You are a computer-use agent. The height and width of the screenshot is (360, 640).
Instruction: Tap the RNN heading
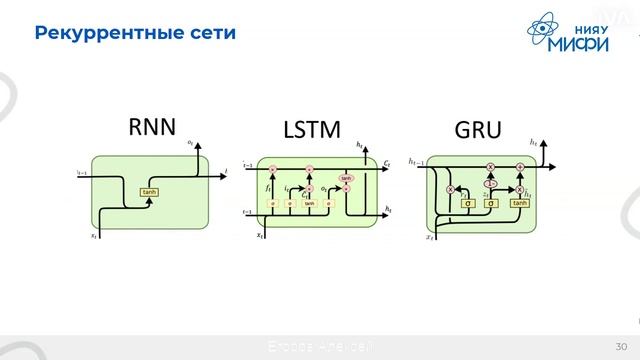pos(152,127)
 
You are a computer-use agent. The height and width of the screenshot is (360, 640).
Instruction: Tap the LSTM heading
pos(312,130)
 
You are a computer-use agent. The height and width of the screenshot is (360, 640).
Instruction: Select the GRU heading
pos(478,130)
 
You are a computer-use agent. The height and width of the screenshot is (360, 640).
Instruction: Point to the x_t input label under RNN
pos(94,236)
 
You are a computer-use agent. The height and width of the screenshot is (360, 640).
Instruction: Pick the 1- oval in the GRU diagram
pos(490,184)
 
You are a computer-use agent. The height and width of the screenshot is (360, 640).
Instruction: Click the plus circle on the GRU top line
pos(520,166)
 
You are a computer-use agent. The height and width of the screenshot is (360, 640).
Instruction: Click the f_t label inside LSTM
pos(268,187)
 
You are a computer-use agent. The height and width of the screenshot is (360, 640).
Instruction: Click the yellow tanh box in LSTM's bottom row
pos(309,203)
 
